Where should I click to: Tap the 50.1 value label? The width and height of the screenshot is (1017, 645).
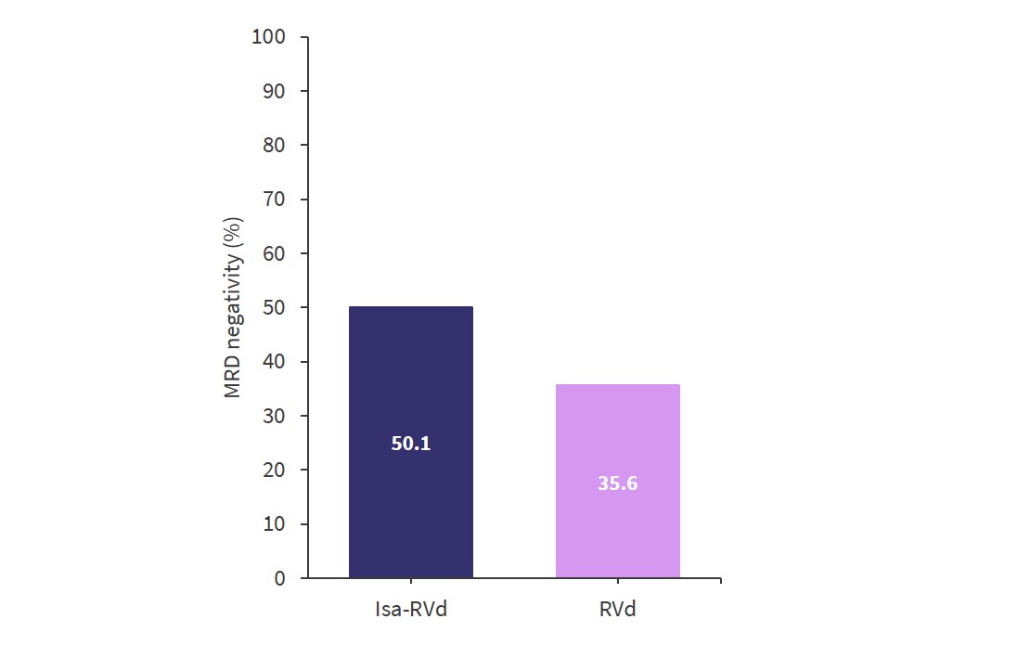pos(411,444)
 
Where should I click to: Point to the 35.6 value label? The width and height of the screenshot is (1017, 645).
pos(617,484)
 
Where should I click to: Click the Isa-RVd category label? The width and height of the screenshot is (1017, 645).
pos(410,610)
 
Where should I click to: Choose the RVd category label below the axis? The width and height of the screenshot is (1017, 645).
pos(618,610)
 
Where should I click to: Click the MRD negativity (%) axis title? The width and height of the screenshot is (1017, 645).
pos(233,308)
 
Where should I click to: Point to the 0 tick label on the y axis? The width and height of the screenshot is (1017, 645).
pos(280,578)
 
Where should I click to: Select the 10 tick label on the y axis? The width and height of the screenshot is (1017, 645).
pos(275,524)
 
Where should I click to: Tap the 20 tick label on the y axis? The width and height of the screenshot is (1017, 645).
pos(275,471)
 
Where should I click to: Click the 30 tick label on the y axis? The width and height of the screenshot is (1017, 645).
pos(275,416)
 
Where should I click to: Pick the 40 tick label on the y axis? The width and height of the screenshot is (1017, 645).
pos(275,362)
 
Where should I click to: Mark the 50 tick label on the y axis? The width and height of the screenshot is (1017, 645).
pos(275,308)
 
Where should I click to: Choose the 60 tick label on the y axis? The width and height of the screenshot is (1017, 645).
pos(275,253)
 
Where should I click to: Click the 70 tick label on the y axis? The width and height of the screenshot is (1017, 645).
pos(275,200)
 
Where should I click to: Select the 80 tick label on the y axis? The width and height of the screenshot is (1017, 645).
pos(275,146)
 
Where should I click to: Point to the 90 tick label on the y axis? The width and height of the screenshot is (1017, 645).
pos(275,91)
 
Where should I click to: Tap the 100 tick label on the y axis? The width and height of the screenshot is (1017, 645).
pos(269,37)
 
